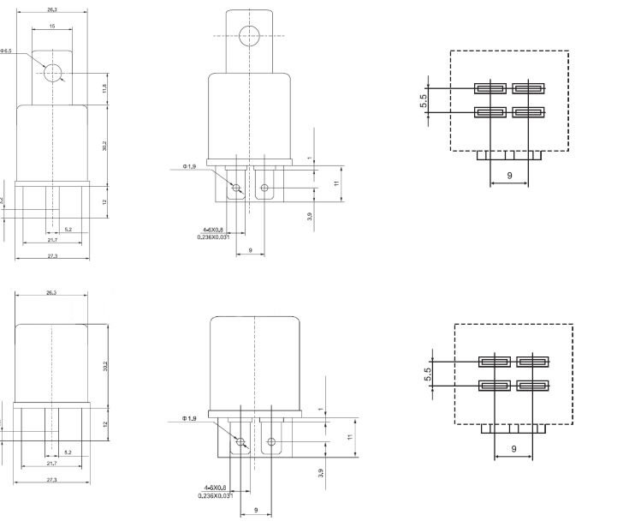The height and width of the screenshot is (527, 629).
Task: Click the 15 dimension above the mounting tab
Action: click(x=52, y=27)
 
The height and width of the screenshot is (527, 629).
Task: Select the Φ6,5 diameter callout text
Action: click(x=7, y=51)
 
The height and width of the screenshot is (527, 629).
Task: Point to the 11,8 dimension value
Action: click(x=104, y=89)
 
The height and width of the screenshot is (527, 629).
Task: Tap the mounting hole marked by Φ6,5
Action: click(x=53, y=73)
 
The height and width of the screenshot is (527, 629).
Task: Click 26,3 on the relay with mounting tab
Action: click(x=52, y=9)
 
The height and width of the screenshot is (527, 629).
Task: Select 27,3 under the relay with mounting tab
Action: click(x=52, y=255)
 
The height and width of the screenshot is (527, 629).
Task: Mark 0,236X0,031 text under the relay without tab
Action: click(x=214, y=496)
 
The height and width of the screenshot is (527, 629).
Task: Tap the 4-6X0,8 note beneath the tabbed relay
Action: click(x=213, y=230)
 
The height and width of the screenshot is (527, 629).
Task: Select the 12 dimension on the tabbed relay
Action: click(x=104, y=202)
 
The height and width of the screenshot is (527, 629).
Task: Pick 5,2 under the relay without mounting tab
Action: click(x=68, y=452)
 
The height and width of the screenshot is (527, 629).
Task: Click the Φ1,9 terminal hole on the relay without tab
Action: click(x=240, y=442)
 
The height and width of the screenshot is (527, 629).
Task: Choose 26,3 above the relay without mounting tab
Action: click(x=52, y=294)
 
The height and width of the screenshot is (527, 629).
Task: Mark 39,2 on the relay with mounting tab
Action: click(x=104, y=147)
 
